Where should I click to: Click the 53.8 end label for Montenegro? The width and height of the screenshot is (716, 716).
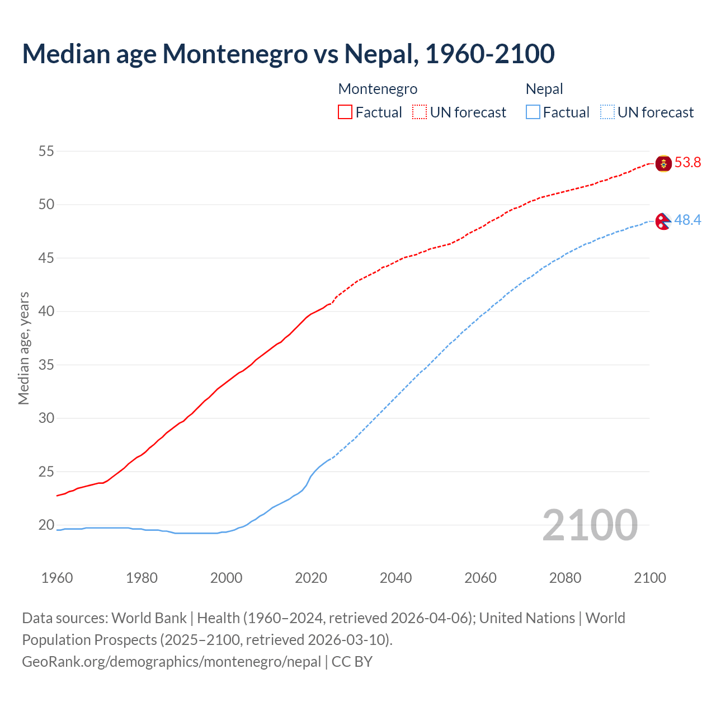click(x=687, y=163)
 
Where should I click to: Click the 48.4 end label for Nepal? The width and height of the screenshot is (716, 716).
click(x=687, y=220)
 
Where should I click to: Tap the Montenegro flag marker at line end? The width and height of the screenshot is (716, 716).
click(x=663, y=163)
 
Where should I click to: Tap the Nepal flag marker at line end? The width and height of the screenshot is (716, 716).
click(x=663, y=222)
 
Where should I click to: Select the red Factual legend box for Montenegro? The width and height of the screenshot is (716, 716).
click(x=345, y=112)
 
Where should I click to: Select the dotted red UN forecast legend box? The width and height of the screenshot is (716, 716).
click(x=420, y=112)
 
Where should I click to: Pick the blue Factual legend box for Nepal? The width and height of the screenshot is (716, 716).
click(x=533, y=112)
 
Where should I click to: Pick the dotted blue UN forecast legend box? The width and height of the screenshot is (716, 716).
click(x=607, y=112)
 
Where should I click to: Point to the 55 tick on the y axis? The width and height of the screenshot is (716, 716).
click(x=46, y=151)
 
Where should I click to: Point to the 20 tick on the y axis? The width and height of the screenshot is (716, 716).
click(x=46, y=525)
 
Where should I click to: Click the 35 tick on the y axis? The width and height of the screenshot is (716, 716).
click(x=46, y=365)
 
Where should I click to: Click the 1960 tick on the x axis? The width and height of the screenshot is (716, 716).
click(x=57, y=578)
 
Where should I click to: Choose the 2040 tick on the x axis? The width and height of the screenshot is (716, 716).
click(x=395, y=578)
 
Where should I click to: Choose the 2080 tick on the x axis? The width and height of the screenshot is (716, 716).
click(x=565, y=578)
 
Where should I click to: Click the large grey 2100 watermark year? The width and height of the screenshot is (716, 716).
click(x=590, y=525)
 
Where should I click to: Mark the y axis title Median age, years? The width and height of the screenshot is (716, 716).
click(x=23, y=348)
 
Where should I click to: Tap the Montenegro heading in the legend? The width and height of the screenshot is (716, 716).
click(x=378, y=89)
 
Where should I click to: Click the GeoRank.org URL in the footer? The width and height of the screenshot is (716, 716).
click(x=171, y=662)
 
